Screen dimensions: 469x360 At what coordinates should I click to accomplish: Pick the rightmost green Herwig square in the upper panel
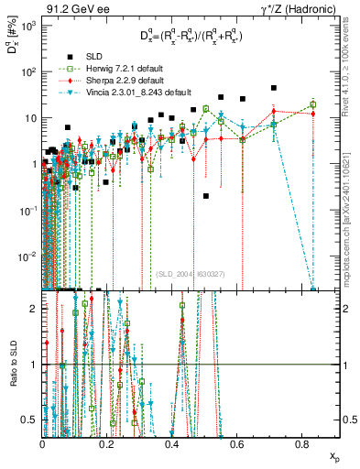tap(313, 104)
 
